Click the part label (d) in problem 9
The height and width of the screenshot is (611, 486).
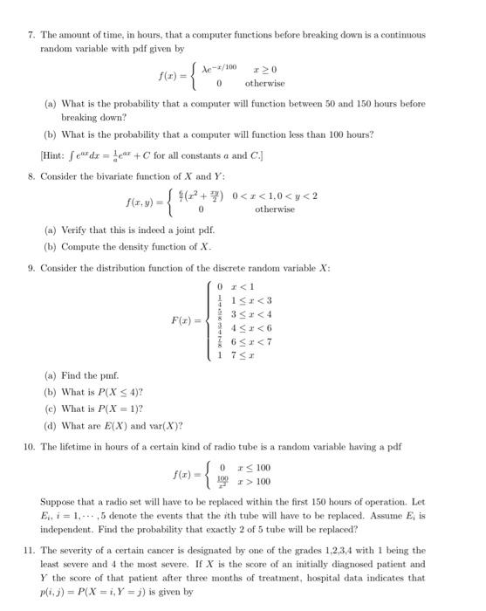50,426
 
